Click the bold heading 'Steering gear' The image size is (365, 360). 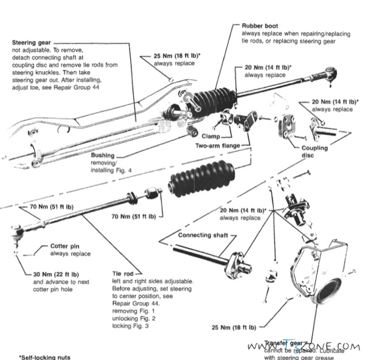pos(31,42)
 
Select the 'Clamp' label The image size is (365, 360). pos(210,137)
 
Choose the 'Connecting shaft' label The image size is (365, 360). pos(203,235)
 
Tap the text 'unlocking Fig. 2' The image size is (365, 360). pos(134,318)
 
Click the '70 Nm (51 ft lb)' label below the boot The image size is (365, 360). pos(133,216)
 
